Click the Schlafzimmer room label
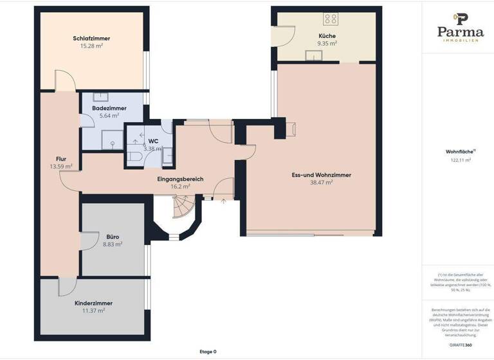coord(91,38)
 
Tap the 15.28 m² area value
coord(91,46)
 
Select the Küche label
coord(327,35)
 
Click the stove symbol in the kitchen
coord(331,18)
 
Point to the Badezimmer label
coord(109,109)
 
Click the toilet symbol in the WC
coord(134,156)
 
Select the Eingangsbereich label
coord(180,178)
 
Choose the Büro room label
coord(113,237)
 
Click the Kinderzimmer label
coord(94,303)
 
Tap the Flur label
coord(61,158)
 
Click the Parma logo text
coord(460,32)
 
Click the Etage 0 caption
coord(208,352)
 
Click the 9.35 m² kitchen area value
coord(327,43)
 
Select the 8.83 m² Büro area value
coord(113,244)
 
